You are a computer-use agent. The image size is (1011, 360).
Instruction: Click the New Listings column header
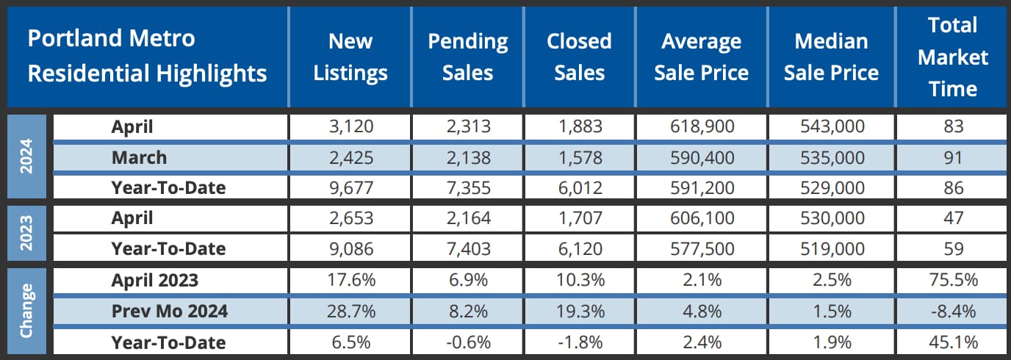[350, 57]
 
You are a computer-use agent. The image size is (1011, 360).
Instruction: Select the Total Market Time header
[953, 57]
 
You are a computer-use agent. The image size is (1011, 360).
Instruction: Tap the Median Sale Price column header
[831, 57]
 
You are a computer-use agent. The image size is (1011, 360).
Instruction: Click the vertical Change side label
[26, 312]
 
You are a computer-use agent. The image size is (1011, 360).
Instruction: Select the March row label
[139, 156]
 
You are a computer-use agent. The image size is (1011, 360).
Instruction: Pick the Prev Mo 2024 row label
[169, 312]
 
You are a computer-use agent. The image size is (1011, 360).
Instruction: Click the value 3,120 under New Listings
[350, 126]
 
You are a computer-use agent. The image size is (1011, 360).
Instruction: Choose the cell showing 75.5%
[954, 280]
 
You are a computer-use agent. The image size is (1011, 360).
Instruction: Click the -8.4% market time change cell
[954, 312]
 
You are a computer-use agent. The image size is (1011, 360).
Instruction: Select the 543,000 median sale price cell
[831, 126]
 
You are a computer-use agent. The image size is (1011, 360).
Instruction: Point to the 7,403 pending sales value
[468, 249]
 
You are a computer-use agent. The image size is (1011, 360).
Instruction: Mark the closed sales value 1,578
[580, 156]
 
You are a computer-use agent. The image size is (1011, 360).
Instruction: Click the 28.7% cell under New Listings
[350, 312]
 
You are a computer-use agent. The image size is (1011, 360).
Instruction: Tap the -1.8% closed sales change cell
[580, 342]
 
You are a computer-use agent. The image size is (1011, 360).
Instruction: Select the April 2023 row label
[154, 280]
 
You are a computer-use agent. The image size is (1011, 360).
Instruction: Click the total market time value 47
[954, 217]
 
